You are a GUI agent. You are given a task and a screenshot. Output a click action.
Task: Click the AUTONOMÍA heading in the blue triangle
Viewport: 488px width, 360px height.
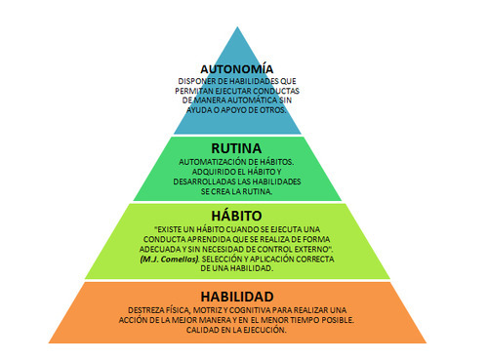coord(236,69)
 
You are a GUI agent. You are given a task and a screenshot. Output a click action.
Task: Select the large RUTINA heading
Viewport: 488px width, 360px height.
coord(236,148)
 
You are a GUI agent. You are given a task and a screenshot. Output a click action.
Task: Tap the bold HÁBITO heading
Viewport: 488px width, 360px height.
coord(236,216)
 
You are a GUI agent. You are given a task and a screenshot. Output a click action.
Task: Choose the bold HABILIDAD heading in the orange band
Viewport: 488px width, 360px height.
coord(237,297)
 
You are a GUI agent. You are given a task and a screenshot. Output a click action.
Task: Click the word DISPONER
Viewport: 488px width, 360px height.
coord(194,81)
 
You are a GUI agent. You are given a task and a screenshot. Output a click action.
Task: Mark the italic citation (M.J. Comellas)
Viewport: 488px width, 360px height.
coord(170,260)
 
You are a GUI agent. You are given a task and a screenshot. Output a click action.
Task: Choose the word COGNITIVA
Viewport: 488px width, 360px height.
coord(252,310)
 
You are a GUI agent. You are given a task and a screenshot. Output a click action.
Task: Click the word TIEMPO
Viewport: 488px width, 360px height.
coord(304,320)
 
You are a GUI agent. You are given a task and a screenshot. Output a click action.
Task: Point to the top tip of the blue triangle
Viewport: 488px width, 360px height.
coord(237,27)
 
